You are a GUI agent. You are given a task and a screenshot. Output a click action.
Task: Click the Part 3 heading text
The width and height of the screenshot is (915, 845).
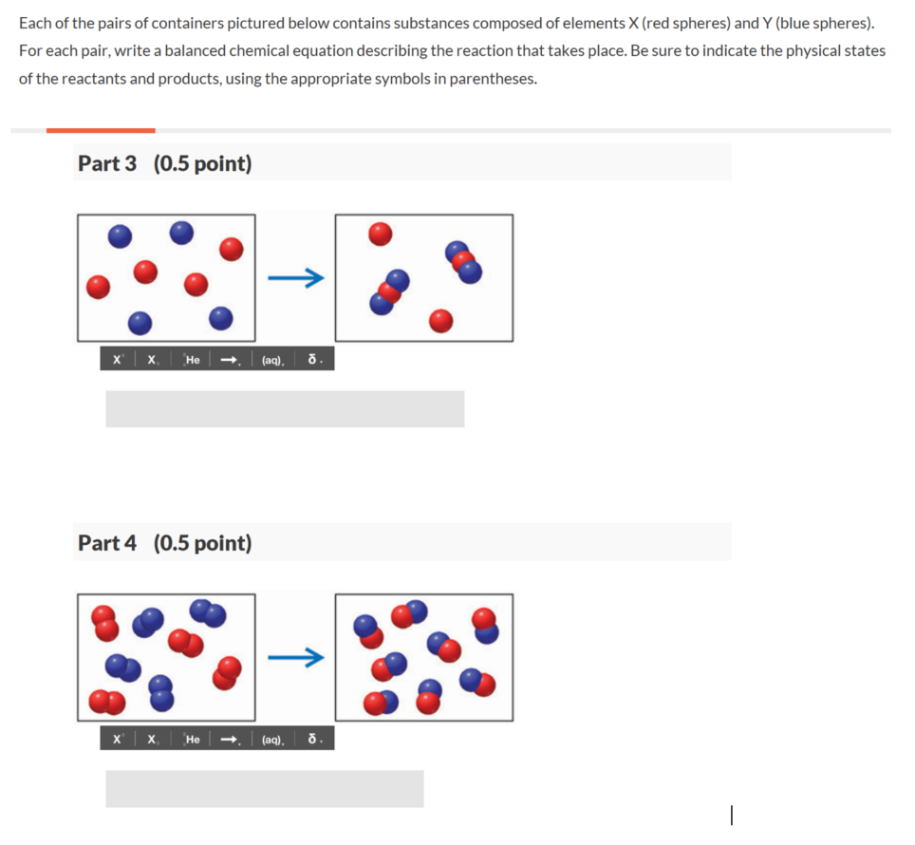point(106,163)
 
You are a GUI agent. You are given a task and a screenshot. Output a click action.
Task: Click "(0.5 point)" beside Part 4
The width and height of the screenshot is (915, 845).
point(202,543)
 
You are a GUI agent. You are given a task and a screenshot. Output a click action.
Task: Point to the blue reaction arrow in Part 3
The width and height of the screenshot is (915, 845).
point(295,278)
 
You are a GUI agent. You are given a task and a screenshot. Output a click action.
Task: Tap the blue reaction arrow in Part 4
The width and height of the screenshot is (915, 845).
point(295,657)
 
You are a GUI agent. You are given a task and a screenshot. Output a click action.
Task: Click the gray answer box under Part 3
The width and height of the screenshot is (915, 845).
point(285,408)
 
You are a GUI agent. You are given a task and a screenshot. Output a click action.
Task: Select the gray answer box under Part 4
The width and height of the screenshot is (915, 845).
point(264,788)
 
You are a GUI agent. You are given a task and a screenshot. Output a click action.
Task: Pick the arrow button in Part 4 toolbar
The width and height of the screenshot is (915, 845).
point(229,739)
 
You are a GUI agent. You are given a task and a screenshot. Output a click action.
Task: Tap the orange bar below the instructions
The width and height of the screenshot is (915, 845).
point(100,130)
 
